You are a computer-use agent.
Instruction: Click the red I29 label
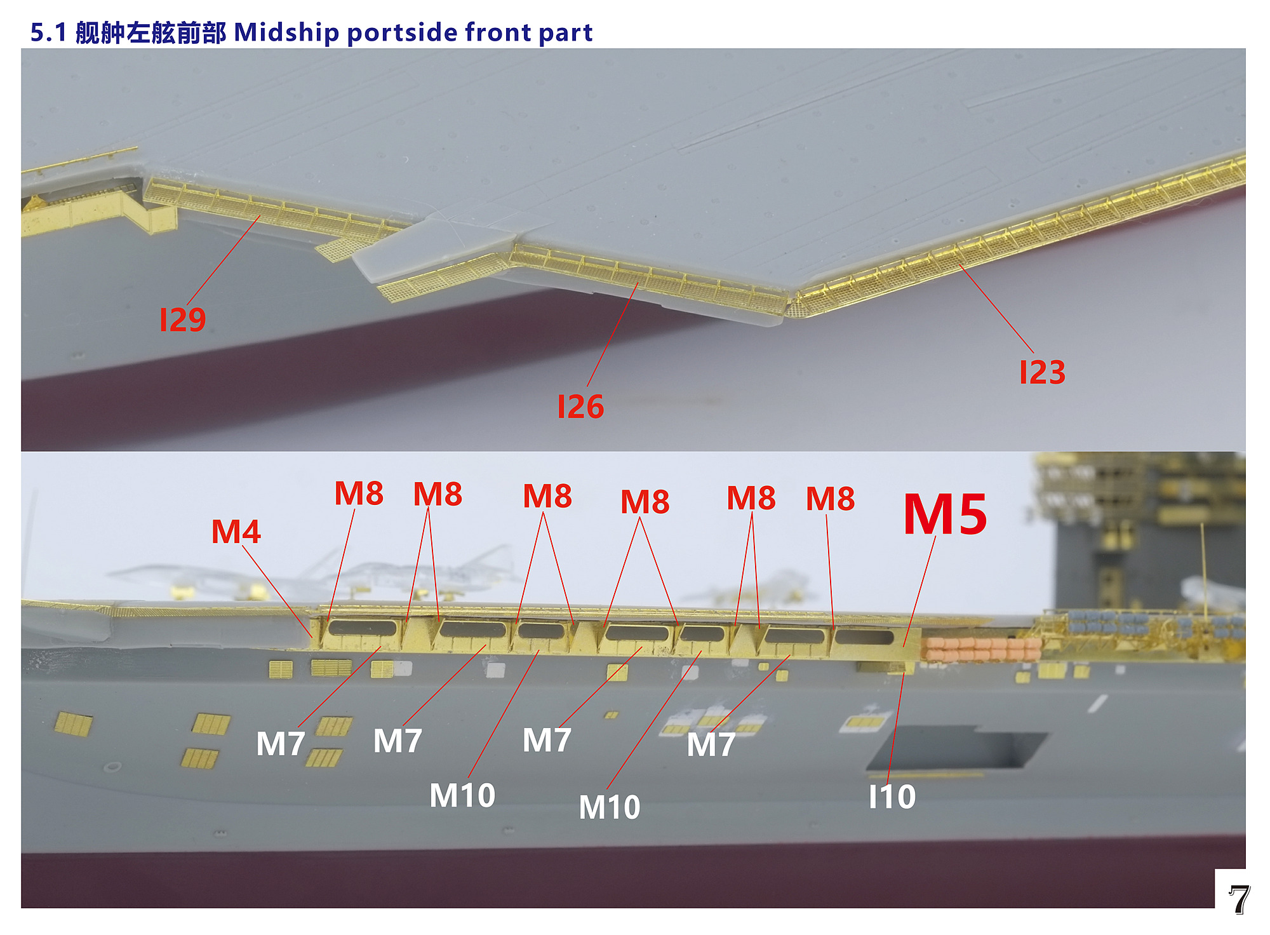coord(183,320)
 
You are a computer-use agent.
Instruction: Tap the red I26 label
coord(580,407)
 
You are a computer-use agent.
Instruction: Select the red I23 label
coord(1042,372)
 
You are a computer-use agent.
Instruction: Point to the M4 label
coord(236,532)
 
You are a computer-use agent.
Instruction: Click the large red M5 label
coord(945,515)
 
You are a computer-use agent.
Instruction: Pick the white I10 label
coord(892,797)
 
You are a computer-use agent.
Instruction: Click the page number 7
coord(1238,899)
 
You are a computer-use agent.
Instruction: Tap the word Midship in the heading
coord(287,32)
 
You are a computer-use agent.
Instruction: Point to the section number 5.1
coord(48,32)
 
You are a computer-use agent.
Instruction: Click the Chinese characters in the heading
coord(150,32)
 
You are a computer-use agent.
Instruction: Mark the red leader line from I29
coord(224,261)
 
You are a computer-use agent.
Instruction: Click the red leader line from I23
coord(996,309)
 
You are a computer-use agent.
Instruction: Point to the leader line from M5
coord(919,591)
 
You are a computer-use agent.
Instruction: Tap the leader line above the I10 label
coord(896,728)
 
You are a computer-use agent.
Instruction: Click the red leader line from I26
coord(613,335)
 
